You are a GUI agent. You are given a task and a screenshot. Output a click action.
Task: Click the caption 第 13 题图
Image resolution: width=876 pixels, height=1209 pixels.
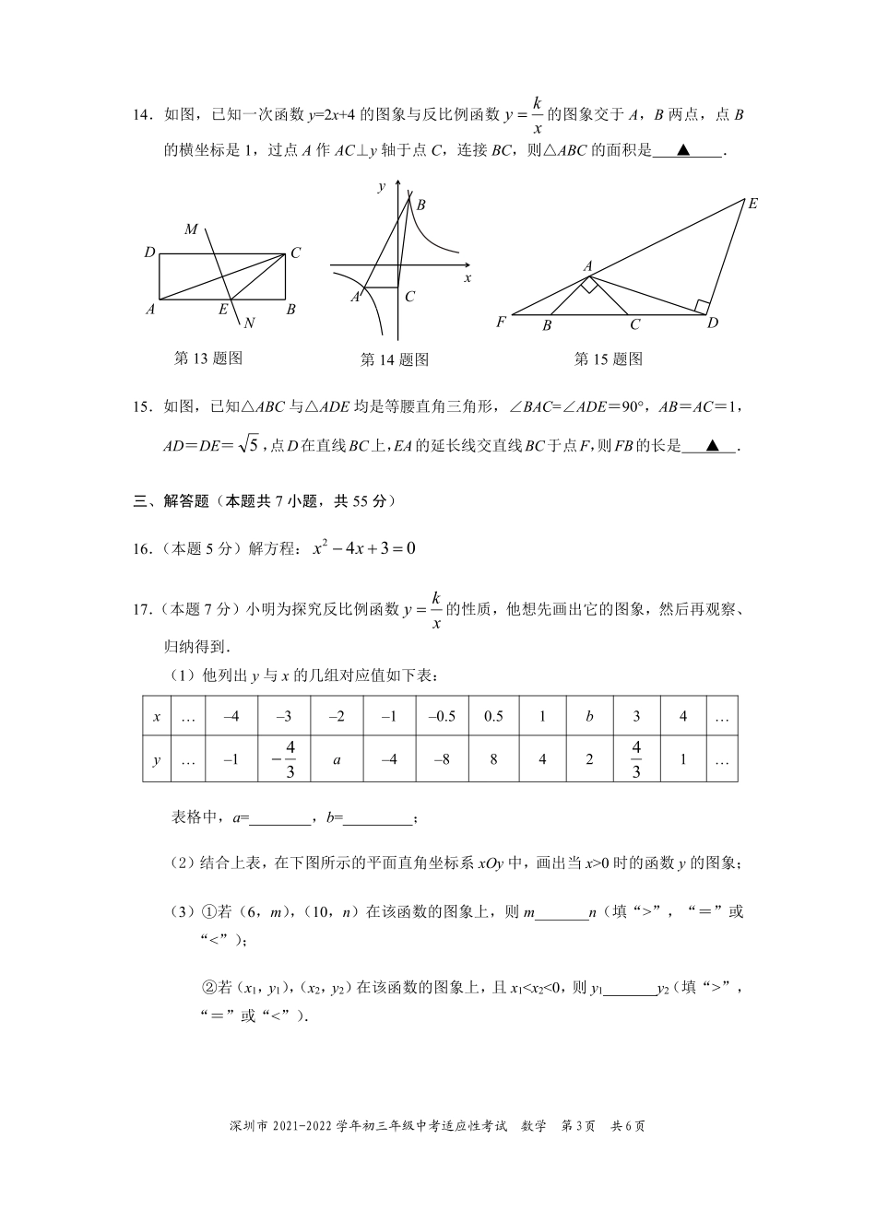click(207, 358)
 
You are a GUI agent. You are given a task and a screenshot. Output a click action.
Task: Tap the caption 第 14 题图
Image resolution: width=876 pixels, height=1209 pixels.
click(394, 359)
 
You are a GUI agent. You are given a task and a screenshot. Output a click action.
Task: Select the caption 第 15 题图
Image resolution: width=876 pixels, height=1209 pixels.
click(608, 358)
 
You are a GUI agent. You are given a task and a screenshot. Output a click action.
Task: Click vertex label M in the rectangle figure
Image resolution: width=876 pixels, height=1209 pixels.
click(191, 229)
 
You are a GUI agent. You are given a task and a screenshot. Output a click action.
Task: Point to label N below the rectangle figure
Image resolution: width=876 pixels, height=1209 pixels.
click(249, 322)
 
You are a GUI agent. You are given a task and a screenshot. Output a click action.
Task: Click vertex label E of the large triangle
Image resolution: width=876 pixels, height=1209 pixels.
click(752, 204)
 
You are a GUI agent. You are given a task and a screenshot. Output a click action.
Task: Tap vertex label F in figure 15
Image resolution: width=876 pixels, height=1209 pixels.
click(501, 323)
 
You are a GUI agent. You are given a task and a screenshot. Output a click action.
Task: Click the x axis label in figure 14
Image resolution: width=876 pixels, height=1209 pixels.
click(467, 277)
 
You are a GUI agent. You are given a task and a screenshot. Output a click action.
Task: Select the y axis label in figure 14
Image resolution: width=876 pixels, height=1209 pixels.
click(382, 187)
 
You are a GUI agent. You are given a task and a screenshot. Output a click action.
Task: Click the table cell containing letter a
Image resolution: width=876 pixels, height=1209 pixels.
click(337, 760)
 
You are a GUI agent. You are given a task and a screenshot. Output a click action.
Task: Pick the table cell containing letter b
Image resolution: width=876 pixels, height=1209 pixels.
click(590, 716)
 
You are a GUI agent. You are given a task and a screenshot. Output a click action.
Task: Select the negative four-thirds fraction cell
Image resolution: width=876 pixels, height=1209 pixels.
click(285, 760)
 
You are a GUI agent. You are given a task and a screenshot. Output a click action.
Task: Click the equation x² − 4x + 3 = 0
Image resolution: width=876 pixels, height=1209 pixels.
click(364, 548)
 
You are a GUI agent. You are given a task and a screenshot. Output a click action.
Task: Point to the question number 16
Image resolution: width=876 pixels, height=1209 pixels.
click(143, 549)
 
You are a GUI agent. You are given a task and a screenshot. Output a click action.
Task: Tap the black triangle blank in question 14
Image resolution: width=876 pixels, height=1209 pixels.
click(683, 150)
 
